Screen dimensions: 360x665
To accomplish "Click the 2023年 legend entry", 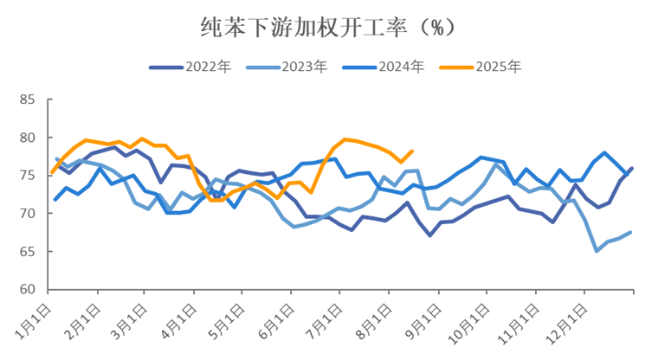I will pyautogui.click(x=280, y=67).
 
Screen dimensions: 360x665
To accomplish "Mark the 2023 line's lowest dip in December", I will pyautogui.click(x=597, y=251).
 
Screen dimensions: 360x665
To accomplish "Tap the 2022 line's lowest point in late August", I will pyautogui.click(x=429, y=235).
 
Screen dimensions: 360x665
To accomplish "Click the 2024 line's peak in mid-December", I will pyautogui.click(x=604, y=152).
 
